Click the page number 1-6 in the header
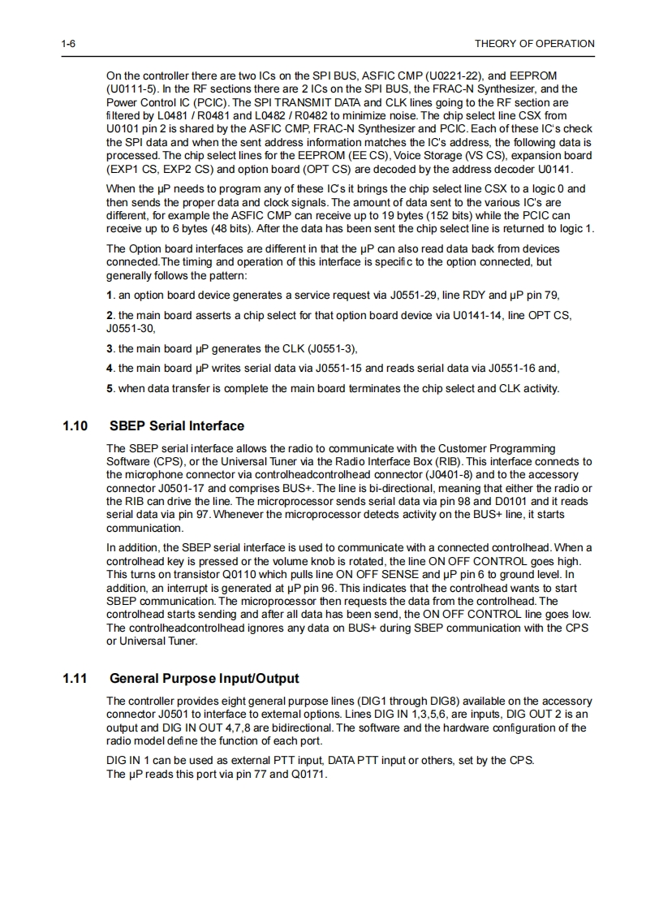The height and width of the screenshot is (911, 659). (68, 44)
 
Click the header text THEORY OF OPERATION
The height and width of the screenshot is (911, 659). (534, 44)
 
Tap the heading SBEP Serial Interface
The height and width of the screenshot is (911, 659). (176, 425)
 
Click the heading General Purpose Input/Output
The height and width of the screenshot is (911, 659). (204, 678)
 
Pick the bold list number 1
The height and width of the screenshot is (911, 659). (110, 296)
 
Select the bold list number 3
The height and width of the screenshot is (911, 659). (110, 349)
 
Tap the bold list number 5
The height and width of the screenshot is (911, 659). (110, 388)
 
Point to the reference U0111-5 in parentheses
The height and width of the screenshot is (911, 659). (133, 89)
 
